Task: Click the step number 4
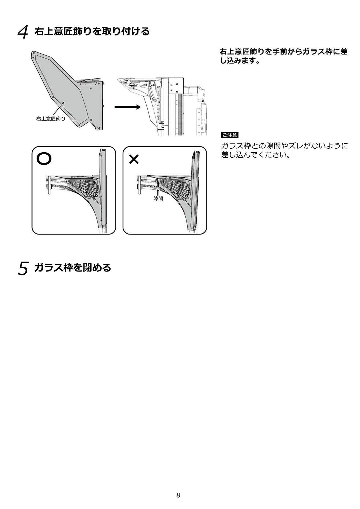pyautogui.click(x=23, y=32)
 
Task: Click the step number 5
pyautogui.click(x=23, y=268)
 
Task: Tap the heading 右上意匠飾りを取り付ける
pyautogui.click(x=92, y=31)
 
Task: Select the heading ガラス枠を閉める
pyautogui.click(x=73, y=268)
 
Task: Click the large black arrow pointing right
pyautogui.click(x=127, y=107)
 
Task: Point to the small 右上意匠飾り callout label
pyautogui.click(x=51, y=119)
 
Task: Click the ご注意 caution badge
pyautogui.click(x=230, y=135)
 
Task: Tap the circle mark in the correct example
pyautogui.click(x=44, y=159)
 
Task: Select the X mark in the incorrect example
pyautogui.click(x=134, y=160)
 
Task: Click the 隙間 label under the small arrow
pyautogui.click(x=158, y=199)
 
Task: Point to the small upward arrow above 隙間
pyautogui.click(x=158, y=192)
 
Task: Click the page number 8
pyautogui.click(x=178, y=495)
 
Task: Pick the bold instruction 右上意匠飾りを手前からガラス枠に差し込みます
pyautogui.click(x=283, y=56)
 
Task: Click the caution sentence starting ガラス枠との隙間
pyautogui.click(x=284, y=150)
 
